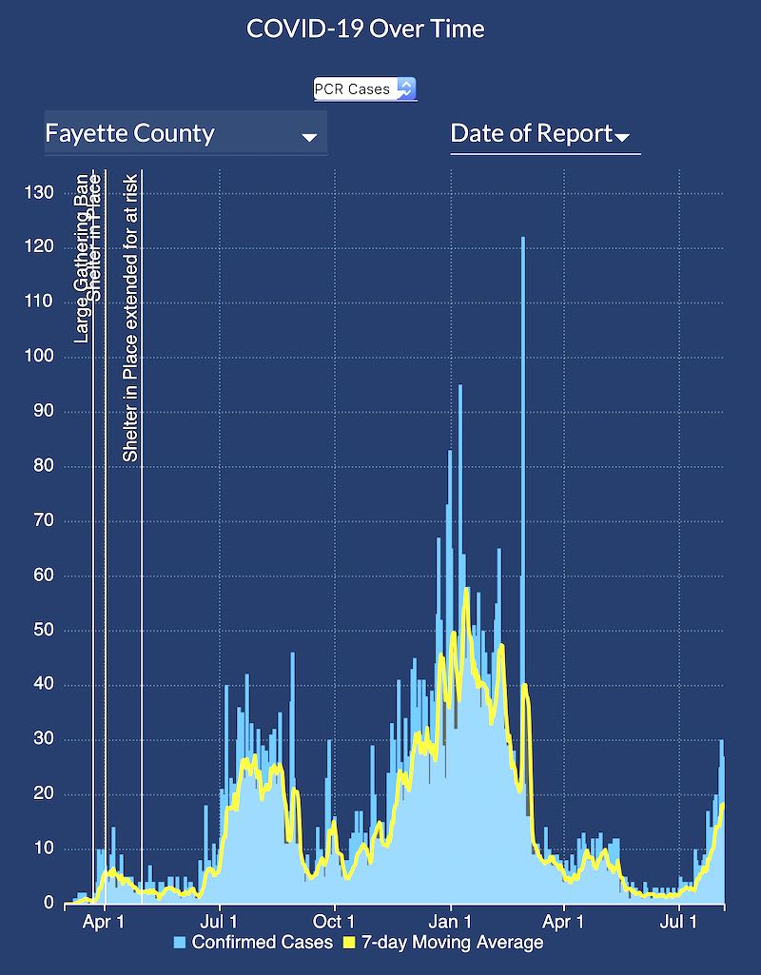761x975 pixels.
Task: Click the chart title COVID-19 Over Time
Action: pos(365,29)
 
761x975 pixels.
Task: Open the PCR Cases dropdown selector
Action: pos(365,88)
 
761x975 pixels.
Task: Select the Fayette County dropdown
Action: pos(185,133)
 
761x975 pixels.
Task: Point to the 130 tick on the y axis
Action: pos(39,193)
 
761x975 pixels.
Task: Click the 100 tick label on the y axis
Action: pos(39,357)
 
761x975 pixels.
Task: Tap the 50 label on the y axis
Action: pos(44,630)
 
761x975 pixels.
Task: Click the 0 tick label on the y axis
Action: pos(48,903)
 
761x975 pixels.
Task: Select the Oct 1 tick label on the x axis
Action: pos(334,922)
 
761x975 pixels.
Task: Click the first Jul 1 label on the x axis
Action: pos(219,922)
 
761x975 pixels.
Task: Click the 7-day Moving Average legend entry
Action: pos(456,943)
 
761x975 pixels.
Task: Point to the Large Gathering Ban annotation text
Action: pos(83,259)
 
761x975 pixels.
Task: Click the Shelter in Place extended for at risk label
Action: pos(131,317)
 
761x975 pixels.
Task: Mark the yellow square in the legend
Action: pos(348,943)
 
